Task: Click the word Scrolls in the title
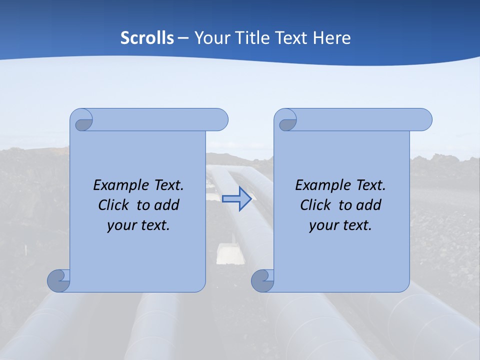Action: [x=147, y=38]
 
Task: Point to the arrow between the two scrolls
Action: [x=236, y=199]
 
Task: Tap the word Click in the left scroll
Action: [x=113, y=205]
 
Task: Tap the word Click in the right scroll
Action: [x=315, y=205]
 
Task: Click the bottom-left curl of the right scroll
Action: [x=262, y=280]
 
